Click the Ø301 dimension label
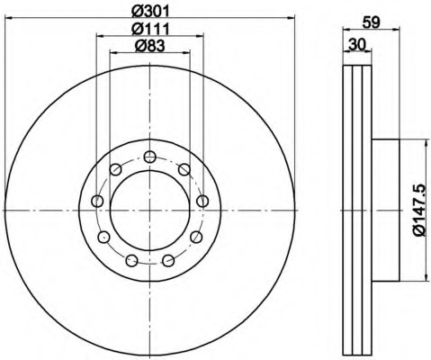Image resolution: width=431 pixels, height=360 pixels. pos(151,11)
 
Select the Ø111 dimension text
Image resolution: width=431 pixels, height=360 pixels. pos(151,29)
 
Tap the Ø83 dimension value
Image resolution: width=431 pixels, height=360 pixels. pos(150,46)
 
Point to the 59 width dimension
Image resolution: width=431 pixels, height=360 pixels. pos(371,22)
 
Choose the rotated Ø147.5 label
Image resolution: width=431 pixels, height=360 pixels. pos(419,210)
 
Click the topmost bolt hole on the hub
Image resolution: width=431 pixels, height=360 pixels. pos(149,157)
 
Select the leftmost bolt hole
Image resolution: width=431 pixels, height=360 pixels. pos(97,201)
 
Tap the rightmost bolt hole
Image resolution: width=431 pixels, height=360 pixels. pos(202,201)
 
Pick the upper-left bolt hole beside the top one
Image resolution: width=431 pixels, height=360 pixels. pos(115,169)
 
